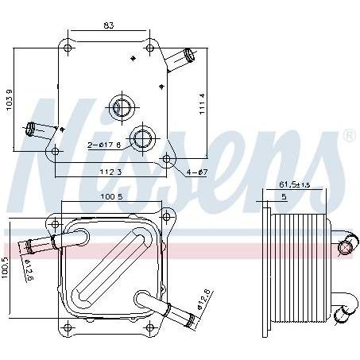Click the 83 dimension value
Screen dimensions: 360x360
[109, 25]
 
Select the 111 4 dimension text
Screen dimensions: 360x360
[203, 103]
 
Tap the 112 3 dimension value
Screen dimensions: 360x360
[110, 172]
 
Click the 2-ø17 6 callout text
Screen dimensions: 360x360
[104, 145]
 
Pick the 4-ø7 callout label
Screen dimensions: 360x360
[196, 172]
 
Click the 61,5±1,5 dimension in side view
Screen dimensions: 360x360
[295, 184]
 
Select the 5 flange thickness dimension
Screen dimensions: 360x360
[284, 197]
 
